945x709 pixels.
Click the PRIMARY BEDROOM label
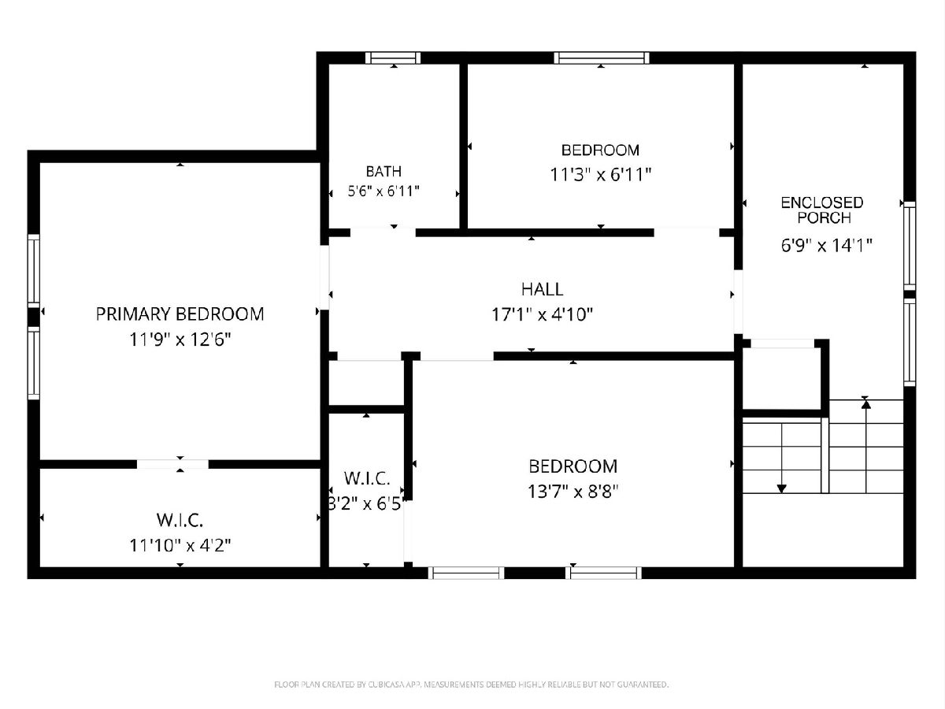coord(180,314)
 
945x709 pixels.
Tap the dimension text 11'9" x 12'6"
coord(180,340)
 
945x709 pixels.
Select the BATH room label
coord(384,171)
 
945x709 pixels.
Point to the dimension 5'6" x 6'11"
coord(384,191)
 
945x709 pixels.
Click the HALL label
coord(542,289)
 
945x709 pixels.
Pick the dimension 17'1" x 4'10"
coord(542,314)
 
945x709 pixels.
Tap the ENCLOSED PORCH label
coord(822,210)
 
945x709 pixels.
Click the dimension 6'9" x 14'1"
coord(827,245)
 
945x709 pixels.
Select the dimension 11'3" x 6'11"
coord(601,175)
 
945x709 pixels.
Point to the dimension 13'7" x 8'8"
coord(573,491)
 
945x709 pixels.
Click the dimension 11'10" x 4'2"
coord(180,545)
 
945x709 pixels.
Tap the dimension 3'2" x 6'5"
coord(366,503)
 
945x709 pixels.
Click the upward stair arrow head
coord(866,404)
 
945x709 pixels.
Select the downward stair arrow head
coord(782,488)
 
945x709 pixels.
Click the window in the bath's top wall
coord(393,58)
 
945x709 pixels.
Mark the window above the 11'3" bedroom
coord(602,58)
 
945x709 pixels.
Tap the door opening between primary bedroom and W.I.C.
coord(172,464)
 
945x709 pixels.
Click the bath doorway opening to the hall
coord(383,232)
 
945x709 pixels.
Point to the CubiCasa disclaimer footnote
coord(471,685)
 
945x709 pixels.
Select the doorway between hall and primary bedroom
coord(324,277)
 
